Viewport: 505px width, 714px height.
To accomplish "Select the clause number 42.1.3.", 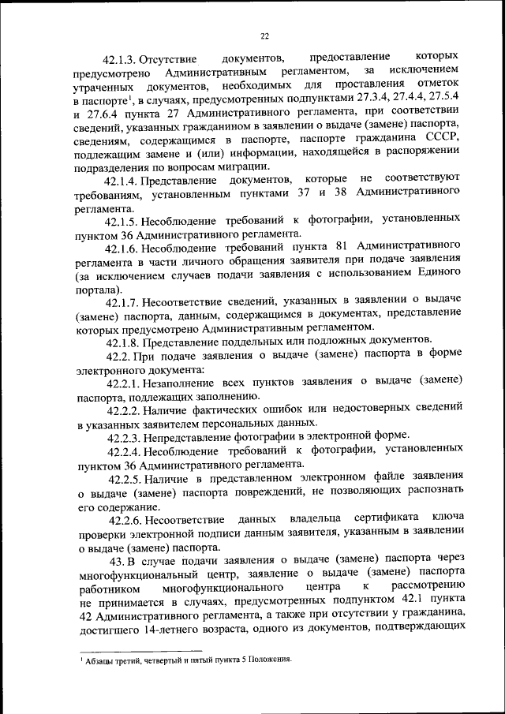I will point(121,58).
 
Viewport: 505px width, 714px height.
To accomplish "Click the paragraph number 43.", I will point(119,562).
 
